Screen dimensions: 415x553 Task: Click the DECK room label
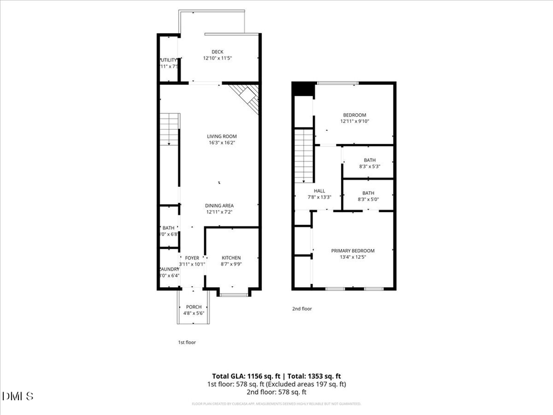click(218, 52)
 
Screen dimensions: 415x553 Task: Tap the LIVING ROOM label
click(221, 136)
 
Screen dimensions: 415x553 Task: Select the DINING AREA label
click(219, 205)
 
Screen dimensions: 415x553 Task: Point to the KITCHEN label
click(231, 258)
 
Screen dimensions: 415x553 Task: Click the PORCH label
click(194, 307)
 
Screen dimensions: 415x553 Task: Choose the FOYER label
click(192, 258)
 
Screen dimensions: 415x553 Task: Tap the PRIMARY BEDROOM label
click(353, 250)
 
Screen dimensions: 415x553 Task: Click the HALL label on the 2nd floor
click(320, 191)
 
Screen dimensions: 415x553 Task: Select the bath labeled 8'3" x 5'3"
click(369, 160)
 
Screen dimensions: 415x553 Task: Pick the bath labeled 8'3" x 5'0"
click(368, 193)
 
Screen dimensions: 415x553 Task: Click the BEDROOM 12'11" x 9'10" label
click(355, 115)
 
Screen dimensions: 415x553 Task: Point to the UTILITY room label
click(169, 60)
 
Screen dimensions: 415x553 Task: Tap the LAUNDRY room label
click(169, 269)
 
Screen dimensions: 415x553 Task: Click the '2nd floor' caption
click(302, 309)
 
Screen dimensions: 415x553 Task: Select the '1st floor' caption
click(187, 342)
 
